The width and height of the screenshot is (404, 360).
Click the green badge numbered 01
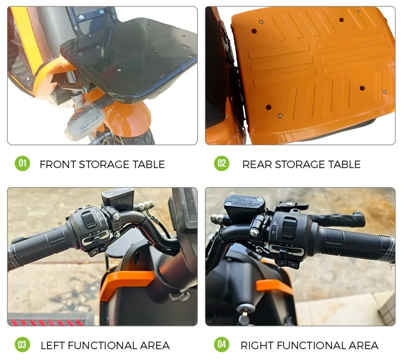pyautogui.click(x=22, y=163)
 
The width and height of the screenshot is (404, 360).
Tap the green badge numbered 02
pyautogui.click(x=221, y=163)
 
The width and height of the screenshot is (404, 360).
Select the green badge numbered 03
pyautogui.click(x=22, y=344)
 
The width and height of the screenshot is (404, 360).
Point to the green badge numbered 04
pyautogui.click(x=221, y=344)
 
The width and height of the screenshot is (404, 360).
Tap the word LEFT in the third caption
pyautogui.click(x=53, y=345)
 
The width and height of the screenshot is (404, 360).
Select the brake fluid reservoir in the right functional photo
pyautogui.click(x=244, y=204)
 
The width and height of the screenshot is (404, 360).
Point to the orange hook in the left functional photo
pyautogui.click(x=127, y=279)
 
